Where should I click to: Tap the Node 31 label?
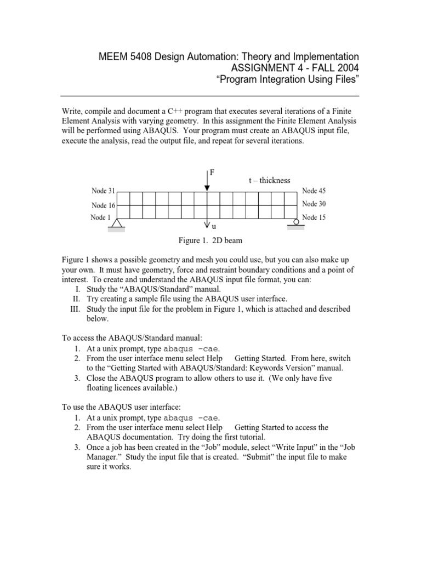coord(103,191)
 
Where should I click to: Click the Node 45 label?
coord(314,191)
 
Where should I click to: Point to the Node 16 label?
coord(103,205)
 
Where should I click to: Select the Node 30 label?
coord(314,204)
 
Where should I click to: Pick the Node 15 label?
coord(314,217)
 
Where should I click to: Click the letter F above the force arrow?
coord(212,173)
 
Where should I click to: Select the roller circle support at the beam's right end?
coord(296,222)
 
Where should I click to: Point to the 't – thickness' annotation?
coord(269,180)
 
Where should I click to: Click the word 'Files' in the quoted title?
coord(344,81)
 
